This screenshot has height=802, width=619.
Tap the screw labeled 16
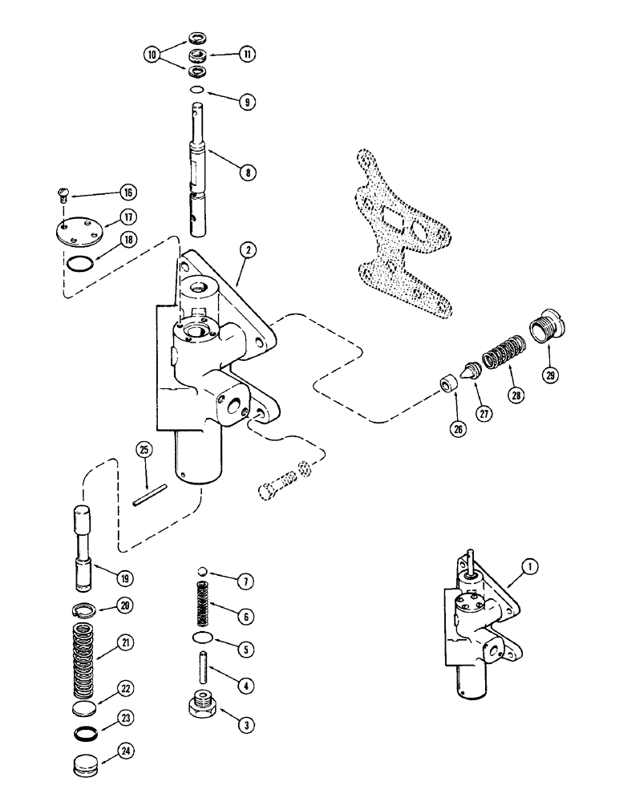pos(67,192)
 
